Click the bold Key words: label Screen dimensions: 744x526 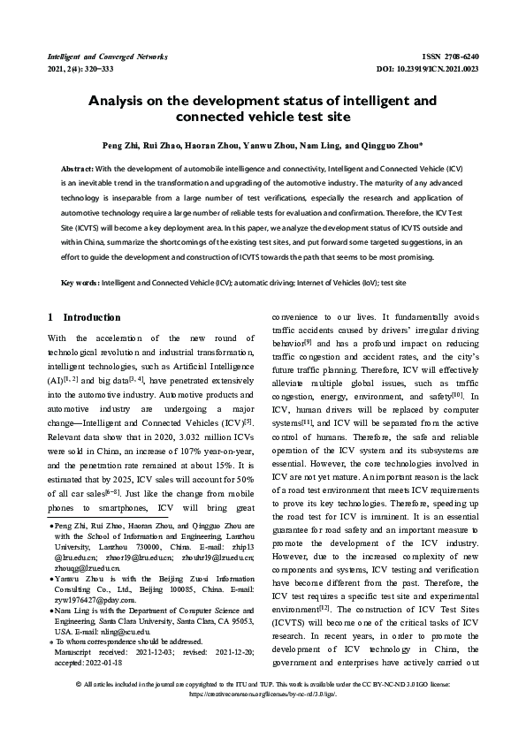(80, 283)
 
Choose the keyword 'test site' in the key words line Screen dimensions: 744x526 (392, 283)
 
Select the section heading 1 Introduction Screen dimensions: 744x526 (84, 317)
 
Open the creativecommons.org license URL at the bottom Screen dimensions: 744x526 (263, 719)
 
